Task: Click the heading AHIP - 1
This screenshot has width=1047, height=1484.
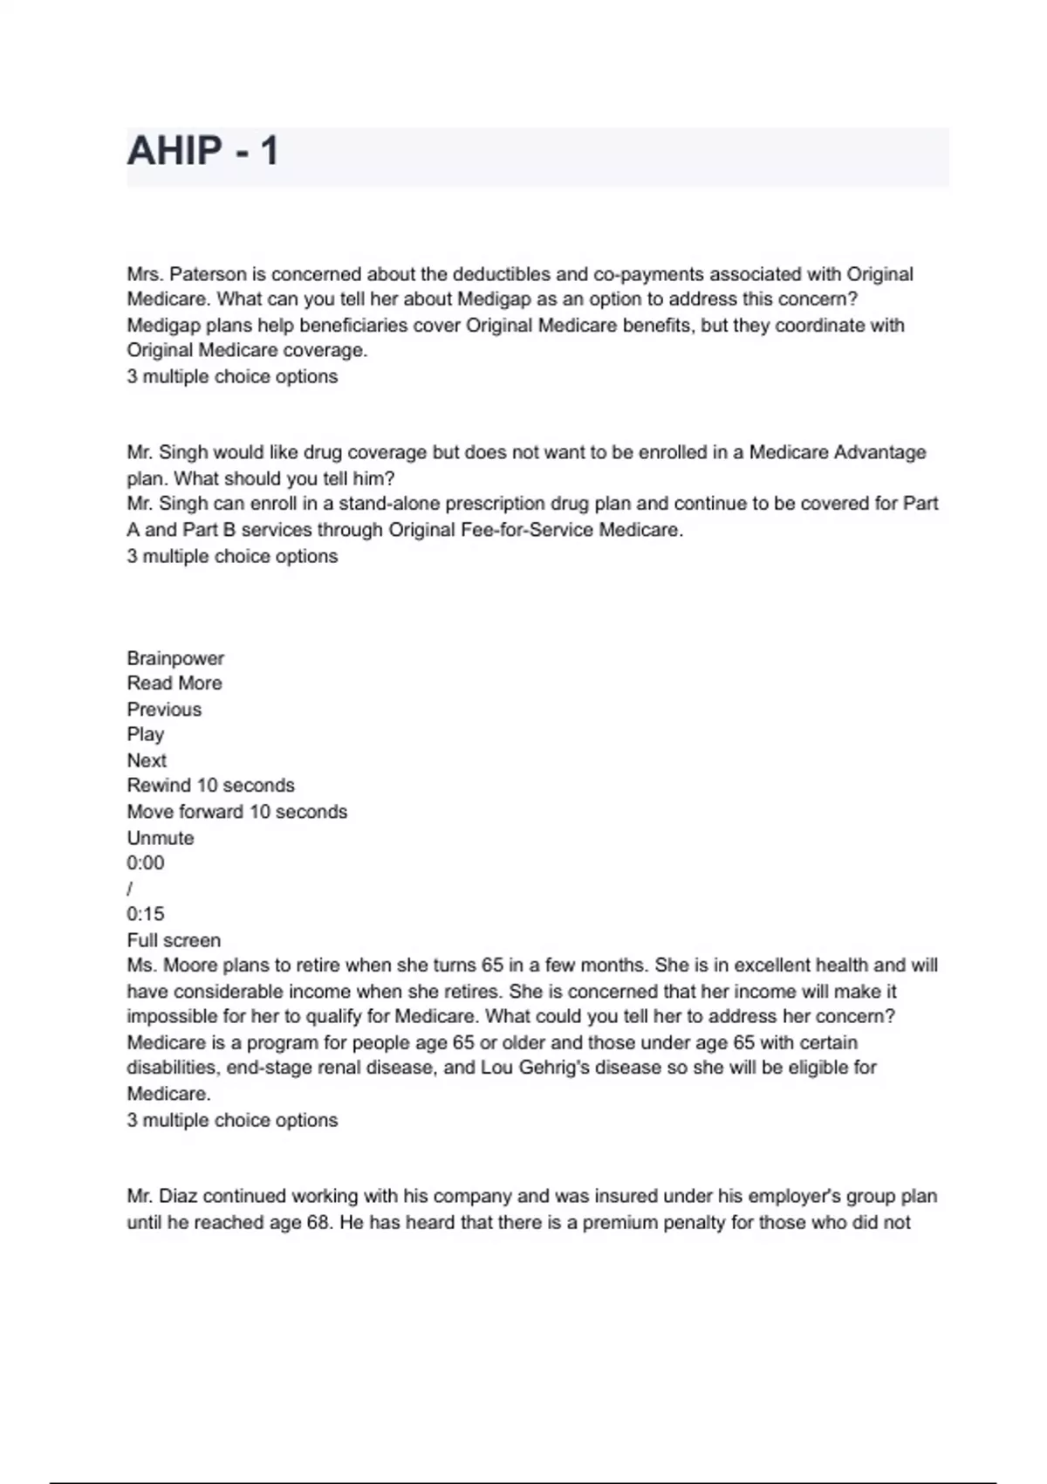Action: (202, 151)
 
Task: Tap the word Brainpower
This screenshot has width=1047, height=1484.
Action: (175, 658)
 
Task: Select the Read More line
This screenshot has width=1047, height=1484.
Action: (174, 684)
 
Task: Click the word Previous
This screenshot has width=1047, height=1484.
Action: (164, 709)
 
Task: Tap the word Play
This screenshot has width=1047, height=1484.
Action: (145, 734)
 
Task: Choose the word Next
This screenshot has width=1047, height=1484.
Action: (147, 760)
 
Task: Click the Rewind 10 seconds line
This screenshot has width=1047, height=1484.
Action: (210, 786)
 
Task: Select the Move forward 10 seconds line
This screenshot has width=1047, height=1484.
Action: (236, 812)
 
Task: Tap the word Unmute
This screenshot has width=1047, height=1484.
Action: (161, 838)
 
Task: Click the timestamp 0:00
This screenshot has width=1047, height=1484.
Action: (145, 863)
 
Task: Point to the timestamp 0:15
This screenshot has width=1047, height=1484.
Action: (145, 914)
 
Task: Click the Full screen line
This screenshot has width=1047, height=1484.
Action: (174, 940)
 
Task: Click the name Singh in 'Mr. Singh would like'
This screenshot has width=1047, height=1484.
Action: (184, 452)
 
